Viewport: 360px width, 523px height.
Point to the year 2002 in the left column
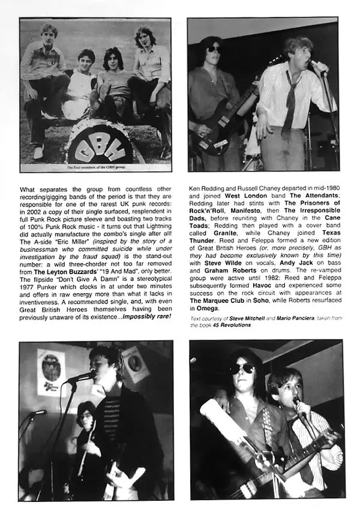[31, 222]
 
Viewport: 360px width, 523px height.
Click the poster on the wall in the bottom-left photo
[51, 372]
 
